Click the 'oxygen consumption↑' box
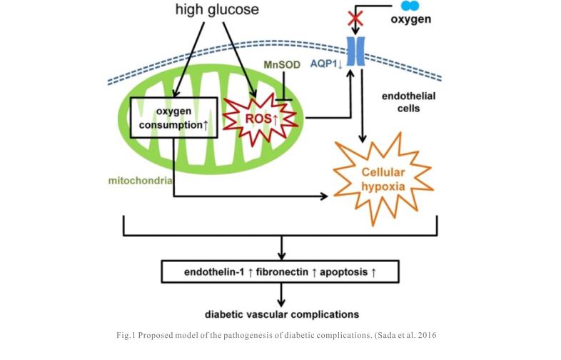point(172,119)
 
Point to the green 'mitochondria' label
point(140,180)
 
